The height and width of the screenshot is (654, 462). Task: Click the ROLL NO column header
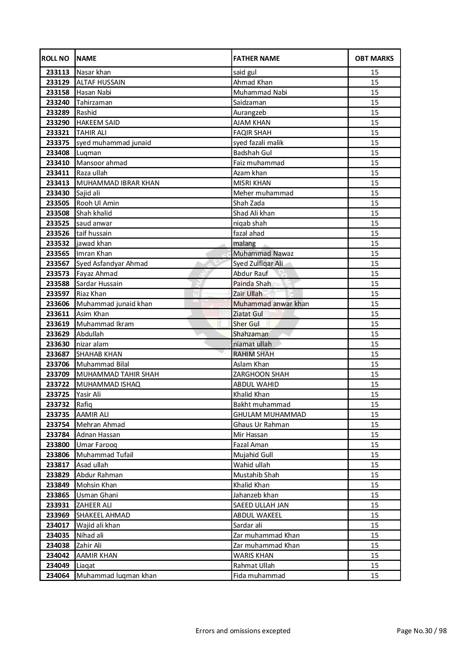pyautogui.click(x=56, y=59)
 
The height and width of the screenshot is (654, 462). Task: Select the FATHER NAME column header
pyautogui.click(x=256, y=59)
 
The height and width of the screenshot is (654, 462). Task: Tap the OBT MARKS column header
pyautogui.click(x=374, y=59)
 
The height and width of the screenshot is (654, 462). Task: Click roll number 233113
pyautogui.click(x=58, y=72)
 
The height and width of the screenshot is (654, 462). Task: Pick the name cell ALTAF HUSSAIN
pyautogui.click(x=101, y=82)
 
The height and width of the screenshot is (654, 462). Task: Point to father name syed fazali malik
pyautogui.click(x=258, y=143)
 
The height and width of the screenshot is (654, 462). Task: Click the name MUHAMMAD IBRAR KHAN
pyautogui.click(x=118, y=183)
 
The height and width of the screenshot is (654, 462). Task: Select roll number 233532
pyautogui.click(x=58, y=243)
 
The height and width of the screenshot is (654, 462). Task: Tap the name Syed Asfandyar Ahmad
pyautogui.click(x=112, y=264)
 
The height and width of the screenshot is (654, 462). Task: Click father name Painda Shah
pyautogui.click(x=252, y=284)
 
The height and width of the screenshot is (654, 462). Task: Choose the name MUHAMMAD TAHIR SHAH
pyautogui.click(x=117, y=374)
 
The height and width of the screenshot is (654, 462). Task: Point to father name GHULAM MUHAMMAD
pyautogui.click(x=269, y=415)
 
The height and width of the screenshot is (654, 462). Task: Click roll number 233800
pyautogui.click(x=58, y=445)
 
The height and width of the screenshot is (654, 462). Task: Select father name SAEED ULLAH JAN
pyautogui.click(x=261, y=505)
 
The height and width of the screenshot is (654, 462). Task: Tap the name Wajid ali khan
pyautogui.click(x=98, y=525)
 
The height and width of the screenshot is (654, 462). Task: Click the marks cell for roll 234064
pyautogui.click(x=374, y=576)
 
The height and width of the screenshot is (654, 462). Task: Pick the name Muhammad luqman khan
pyautogui.click(x=116, y=576)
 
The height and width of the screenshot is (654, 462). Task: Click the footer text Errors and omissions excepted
pyautogui.click(x=243, y=631)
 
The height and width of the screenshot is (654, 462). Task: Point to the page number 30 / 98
pyautogui.click(x=421, y=631)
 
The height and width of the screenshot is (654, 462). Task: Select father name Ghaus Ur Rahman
pyautogui.click(x=261, y=425)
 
